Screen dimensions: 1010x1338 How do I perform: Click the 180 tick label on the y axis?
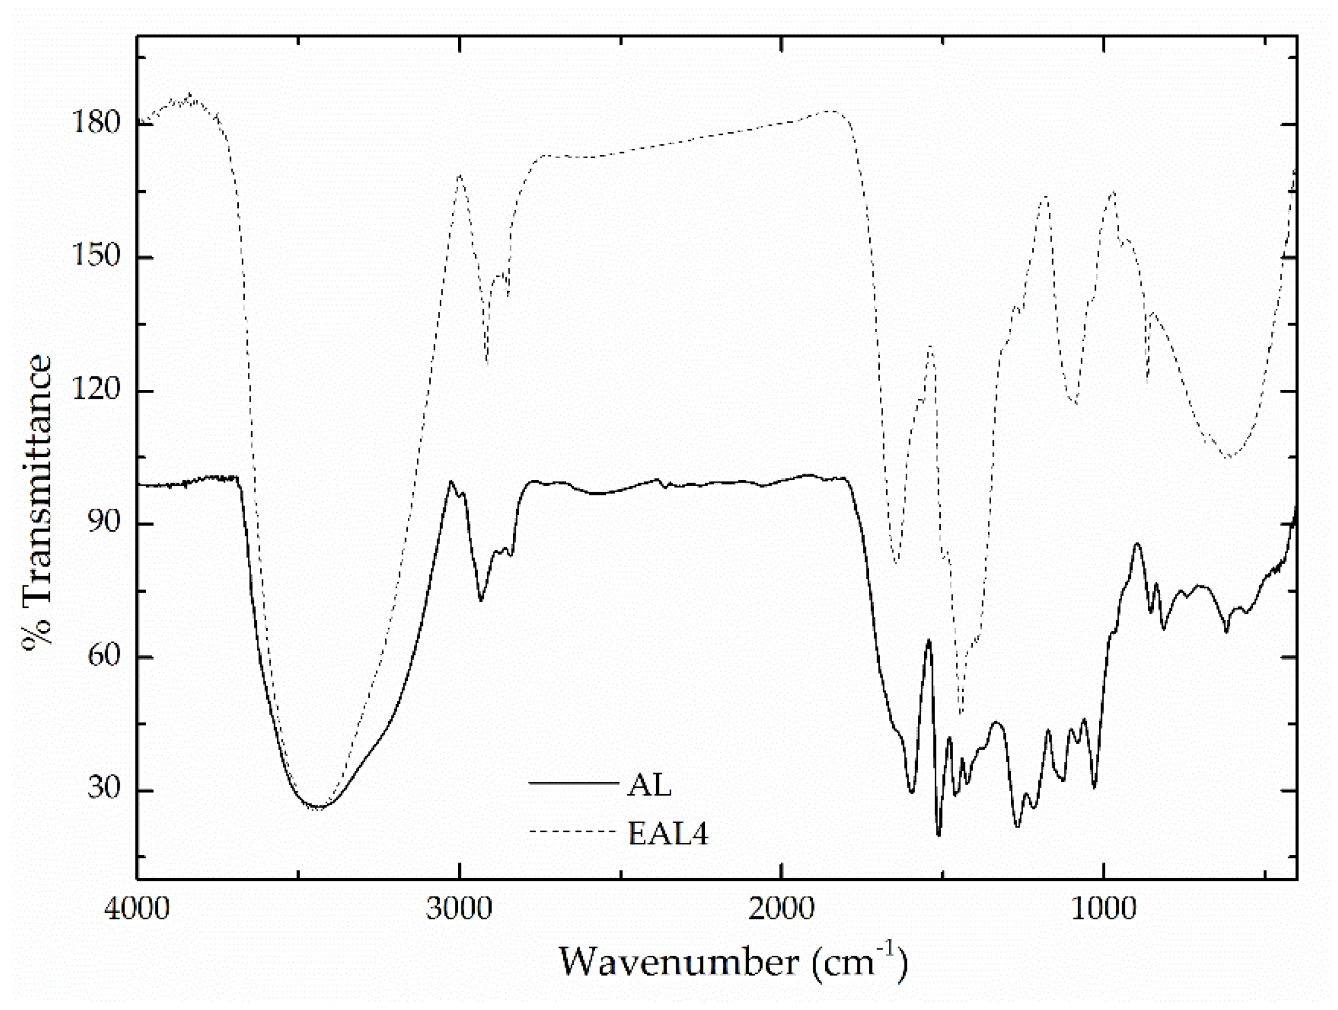point(96,123)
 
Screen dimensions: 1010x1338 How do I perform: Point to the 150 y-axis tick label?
point(96,257)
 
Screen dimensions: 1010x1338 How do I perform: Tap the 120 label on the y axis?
point(96,390)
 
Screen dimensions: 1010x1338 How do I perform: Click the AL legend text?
point(649,786)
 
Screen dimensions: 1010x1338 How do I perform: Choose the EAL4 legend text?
point(668,834)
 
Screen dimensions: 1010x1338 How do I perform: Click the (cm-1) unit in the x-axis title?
point(860,960)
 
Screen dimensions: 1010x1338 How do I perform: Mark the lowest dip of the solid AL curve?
point(939,835)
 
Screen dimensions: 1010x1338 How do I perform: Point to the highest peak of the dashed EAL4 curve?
point(191,95)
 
